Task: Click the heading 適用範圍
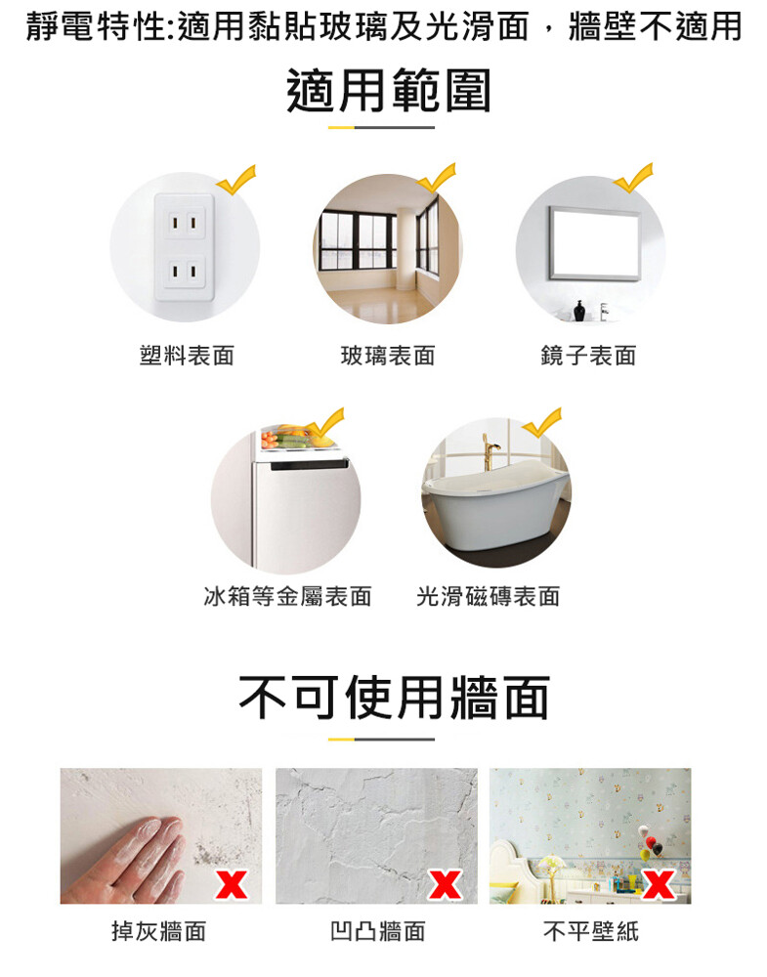click(389, 91)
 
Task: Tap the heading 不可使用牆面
click(394, 698)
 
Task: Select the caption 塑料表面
click(187, 356)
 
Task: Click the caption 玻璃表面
click(388, 356)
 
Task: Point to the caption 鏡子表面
click(588, 356)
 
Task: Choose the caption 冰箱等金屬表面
click(287, 596)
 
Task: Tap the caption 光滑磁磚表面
click(488, 596)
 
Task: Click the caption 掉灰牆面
click(159, 931)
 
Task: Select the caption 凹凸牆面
click(377, 931)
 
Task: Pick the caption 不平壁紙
click(591, 931)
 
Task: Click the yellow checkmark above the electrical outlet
click(236, 180)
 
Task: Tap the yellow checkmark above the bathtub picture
click(542, 423)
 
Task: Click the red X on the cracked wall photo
click(445, 884)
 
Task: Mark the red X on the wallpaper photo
click(659, 884)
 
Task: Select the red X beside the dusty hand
click(232, 884)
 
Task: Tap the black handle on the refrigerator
click(309, 465)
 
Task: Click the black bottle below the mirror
click(579, 311)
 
